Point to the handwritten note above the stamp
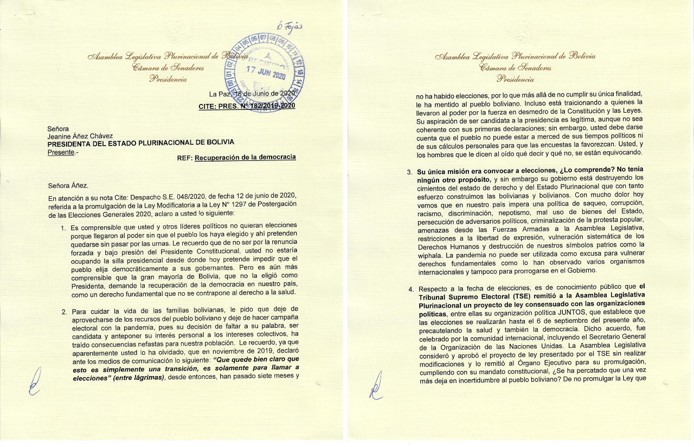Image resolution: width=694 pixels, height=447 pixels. [290, 27]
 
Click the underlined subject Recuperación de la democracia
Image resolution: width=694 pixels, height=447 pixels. [245, 158]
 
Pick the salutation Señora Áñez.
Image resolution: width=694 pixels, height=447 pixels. [68, 186]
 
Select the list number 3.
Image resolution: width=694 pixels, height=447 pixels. [409, 172]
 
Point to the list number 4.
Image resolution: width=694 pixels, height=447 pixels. [410, 289]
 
